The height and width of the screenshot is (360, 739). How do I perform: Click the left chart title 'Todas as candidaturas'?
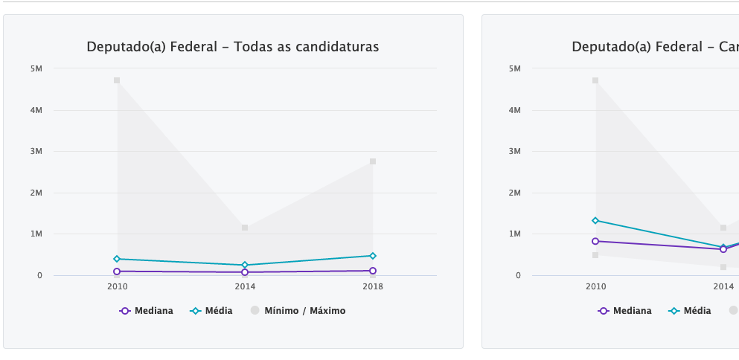pyautogui.click(x=232, y=47)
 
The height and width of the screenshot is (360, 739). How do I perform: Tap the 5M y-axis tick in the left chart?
pyautogui.click(x=36, y=69)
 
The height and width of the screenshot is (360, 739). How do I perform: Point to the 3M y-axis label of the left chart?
pyautogui.click(x=36, y=152)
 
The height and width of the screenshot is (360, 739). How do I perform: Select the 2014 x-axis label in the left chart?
pyautogui.click(x=244, y=286)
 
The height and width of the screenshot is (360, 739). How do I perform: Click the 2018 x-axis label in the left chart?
pyautogui.click(x=372, y=286)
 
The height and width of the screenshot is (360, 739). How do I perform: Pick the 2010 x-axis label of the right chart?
pyautogui.click(x=595, y=286)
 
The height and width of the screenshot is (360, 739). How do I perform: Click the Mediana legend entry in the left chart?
pyautogui.click(x=147, y=311)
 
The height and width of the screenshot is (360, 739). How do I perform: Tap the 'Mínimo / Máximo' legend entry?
pyautogui.click(x=298, y=311)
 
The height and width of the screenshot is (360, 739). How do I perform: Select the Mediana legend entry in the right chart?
pyautogui.click(x=625, y=311)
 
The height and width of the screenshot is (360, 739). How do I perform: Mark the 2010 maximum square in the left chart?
pyautogui.click(x=117, y=80)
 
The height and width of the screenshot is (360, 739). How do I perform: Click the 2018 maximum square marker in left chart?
pyautogui.click(x=373, y=161)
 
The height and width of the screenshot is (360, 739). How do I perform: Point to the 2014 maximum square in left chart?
pyautogui.click(x=245, y=228)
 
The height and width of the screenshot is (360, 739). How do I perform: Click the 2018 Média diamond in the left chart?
pyautogui.click(x=373, y=256)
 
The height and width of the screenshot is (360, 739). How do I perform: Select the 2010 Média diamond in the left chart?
pyautogui.click(x=117, y=259)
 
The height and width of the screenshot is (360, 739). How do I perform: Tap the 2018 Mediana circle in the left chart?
pyautogui.click(x=373, y=271)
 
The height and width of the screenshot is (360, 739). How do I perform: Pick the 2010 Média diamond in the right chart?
pyautogui.click(x=595, y=220)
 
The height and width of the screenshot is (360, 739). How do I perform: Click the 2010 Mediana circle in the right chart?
pyautogui.click(x=595, y=241)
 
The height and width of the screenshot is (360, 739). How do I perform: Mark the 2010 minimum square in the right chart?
pyautogui.click(x=595, y=255)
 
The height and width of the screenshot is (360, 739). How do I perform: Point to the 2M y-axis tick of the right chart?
pyautogui.click(x=515, y=193)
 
